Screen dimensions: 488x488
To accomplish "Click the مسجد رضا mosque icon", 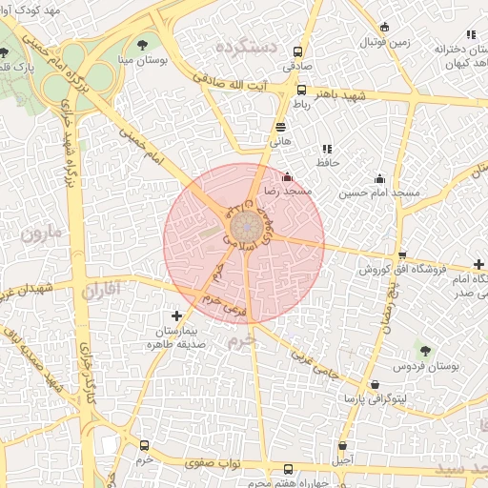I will (x=288, y=175).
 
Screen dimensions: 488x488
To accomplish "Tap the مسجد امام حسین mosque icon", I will (x=380, y=178).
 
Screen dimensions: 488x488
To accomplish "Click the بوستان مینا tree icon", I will (x=142, y=44).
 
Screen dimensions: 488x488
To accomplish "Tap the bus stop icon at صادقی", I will (x=298, y=52).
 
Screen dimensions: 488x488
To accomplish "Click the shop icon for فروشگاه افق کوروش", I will (x=402, y=255).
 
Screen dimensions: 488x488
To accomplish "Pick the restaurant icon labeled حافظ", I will (x=326, y=149).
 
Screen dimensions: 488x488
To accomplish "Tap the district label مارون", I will (x=42, y=232).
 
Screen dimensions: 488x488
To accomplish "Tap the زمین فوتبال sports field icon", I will (x=384, y=28).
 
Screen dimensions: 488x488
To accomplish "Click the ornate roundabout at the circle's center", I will (x=244, y=228).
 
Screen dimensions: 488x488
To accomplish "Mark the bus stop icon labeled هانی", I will (x=280, y=126).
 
